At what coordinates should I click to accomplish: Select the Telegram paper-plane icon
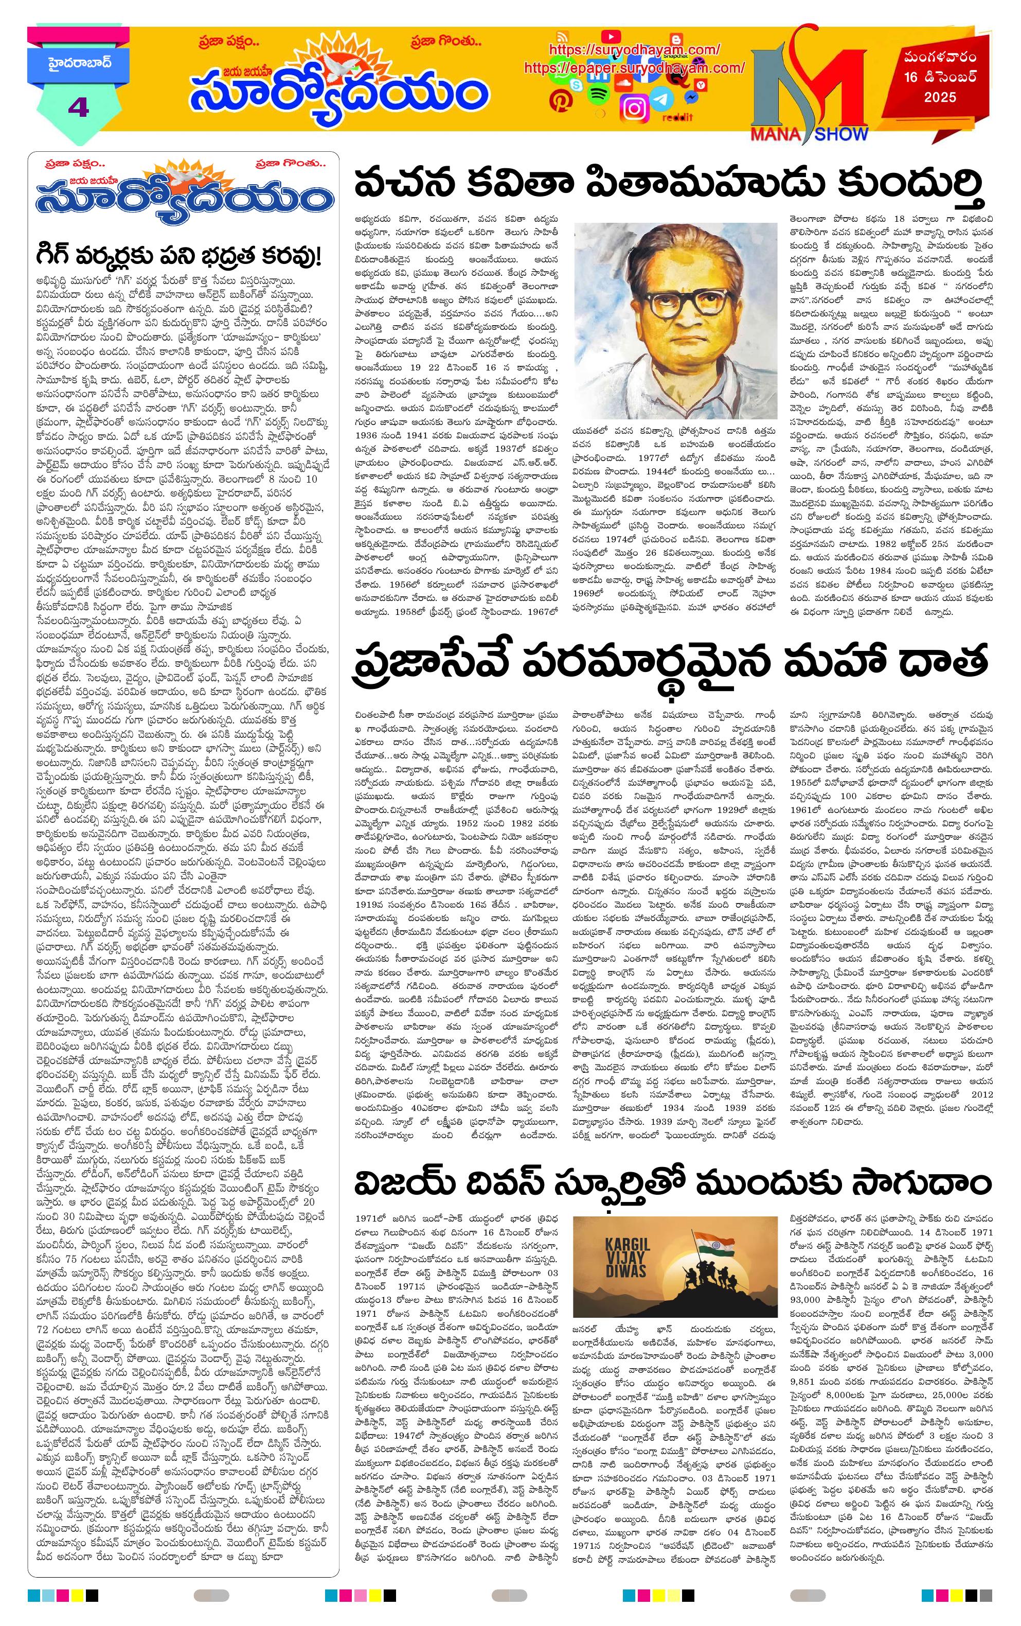664,99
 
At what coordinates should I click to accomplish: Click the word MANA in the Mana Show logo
775,134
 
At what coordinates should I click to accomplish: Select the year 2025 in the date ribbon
940,97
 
